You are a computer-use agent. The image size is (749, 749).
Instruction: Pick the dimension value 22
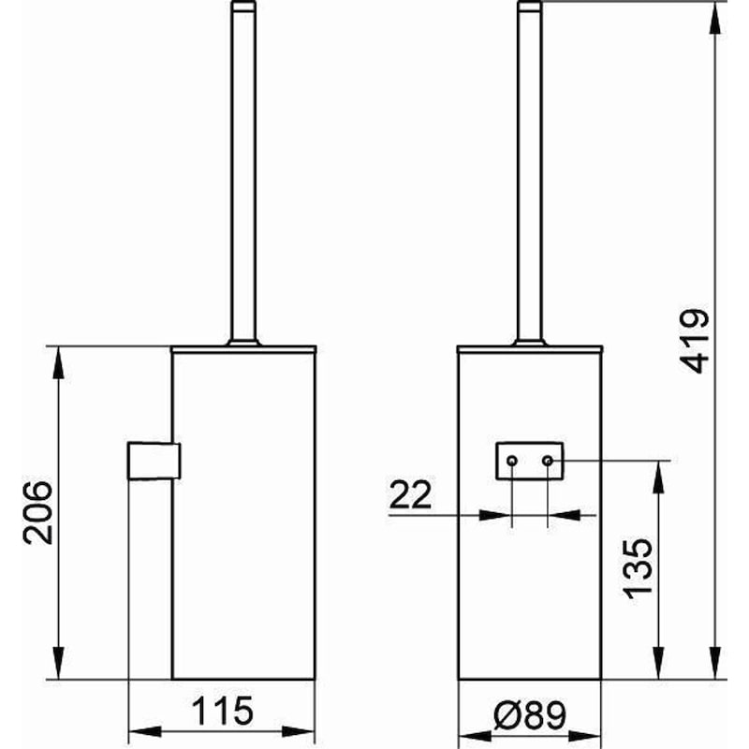411,495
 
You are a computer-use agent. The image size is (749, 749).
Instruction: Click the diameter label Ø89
530,716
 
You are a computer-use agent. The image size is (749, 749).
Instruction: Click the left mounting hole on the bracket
511,461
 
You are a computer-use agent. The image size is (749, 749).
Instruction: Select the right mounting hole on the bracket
549,461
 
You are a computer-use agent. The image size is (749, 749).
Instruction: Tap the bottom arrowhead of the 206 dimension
60,668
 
